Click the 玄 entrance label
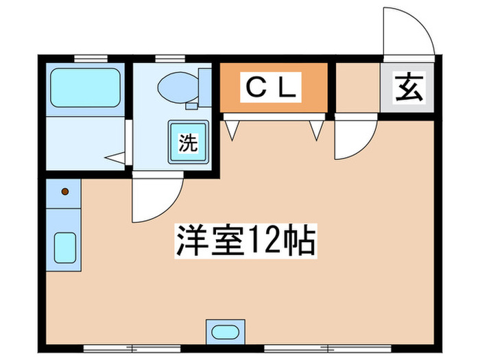point(409,88)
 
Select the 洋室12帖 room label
point(245,241)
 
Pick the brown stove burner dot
point(65,191)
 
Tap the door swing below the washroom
point(156,199)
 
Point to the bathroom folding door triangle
point(117,157)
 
